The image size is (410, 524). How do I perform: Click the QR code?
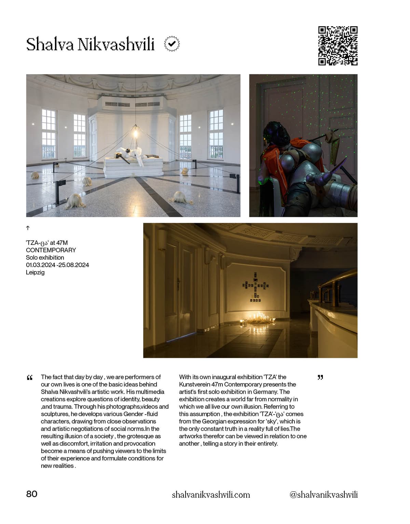pos(338,45)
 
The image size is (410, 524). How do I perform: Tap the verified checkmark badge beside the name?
pos(172,44)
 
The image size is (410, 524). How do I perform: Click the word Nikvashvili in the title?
pos(116,44)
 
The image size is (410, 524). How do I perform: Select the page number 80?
pos(32,494)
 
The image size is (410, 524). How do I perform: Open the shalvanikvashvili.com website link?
pos(211,495)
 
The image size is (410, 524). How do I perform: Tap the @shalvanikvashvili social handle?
pos(323,495)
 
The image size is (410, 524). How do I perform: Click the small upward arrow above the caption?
pos(28,228)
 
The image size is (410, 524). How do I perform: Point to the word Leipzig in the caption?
pos(35,272)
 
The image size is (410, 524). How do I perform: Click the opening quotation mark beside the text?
pos(30,378)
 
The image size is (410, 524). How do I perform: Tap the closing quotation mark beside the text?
pos(320,377)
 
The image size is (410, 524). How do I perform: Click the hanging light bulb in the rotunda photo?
pos(135,132)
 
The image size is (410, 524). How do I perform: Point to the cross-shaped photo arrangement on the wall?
pos(256,287)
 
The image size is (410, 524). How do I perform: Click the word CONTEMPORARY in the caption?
pos(51,250)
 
